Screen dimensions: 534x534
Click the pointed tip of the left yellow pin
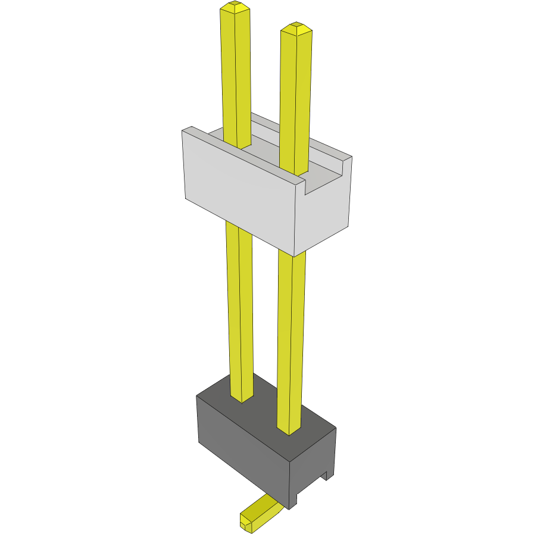pos(235,7)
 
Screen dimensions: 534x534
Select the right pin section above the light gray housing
pos(295,95)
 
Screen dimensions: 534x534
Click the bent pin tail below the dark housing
pos(262,510)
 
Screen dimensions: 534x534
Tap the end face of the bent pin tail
pos(245,523)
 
